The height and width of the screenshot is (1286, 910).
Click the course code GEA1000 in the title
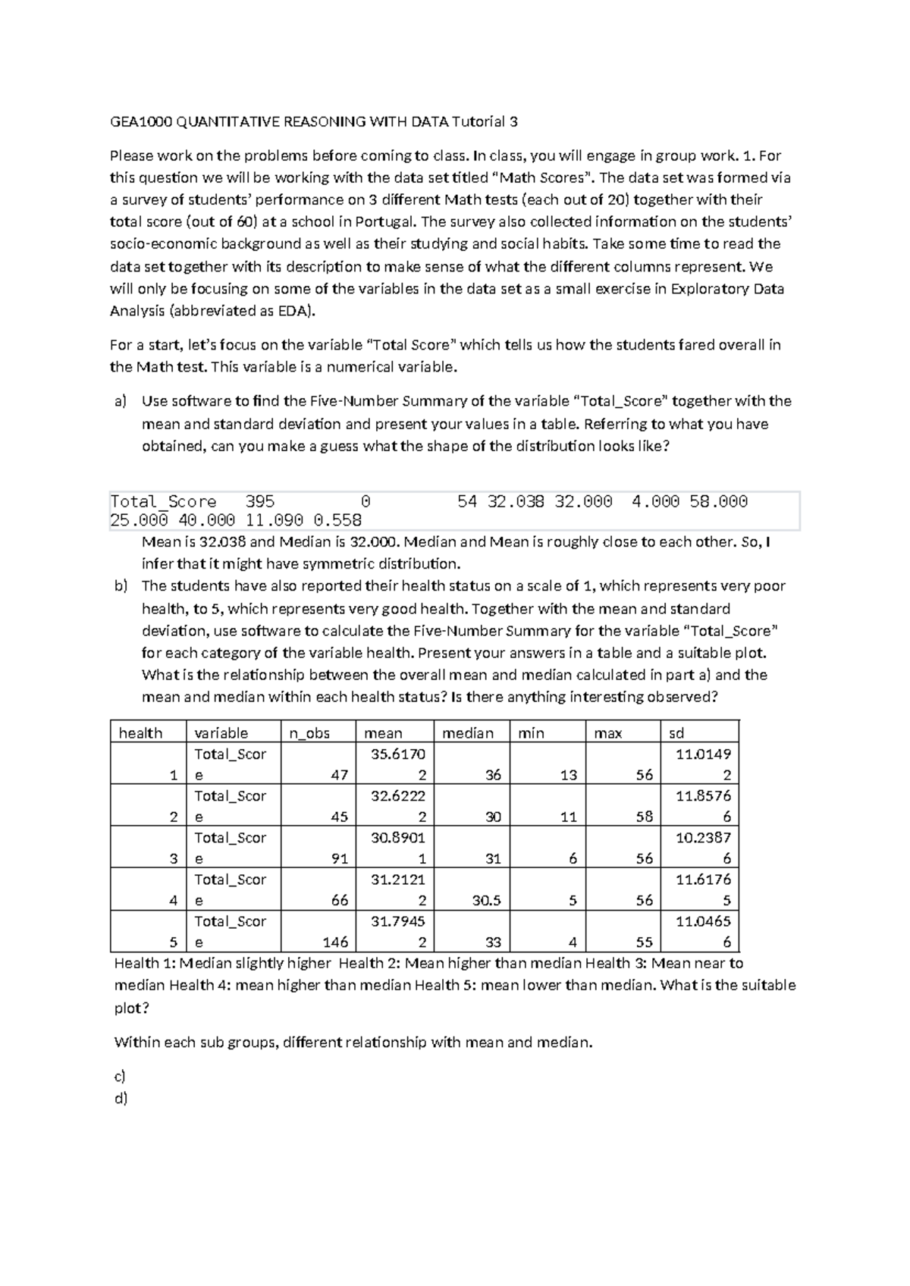136,121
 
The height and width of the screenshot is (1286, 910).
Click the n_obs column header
308,732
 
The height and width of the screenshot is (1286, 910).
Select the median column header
467,732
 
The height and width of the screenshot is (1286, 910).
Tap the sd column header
676,732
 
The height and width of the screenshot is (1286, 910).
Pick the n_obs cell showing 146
334,942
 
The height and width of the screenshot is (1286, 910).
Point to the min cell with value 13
568,775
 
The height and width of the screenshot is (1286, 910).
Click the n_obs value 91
339,858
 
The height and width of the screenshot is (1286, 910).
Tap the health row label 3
174,858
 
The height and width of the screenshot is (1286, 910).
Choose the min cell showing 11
568,817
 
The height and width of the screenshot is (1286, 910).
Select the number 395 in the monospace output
259,501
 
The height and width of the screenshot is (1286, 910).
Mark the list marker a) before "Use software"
120,401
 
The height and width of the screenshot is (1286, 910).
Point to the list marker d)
120,1098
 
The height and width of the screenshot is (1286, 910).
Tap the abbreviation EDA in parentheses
297,311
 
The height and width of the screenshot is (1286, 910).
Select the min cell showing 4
573,942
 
